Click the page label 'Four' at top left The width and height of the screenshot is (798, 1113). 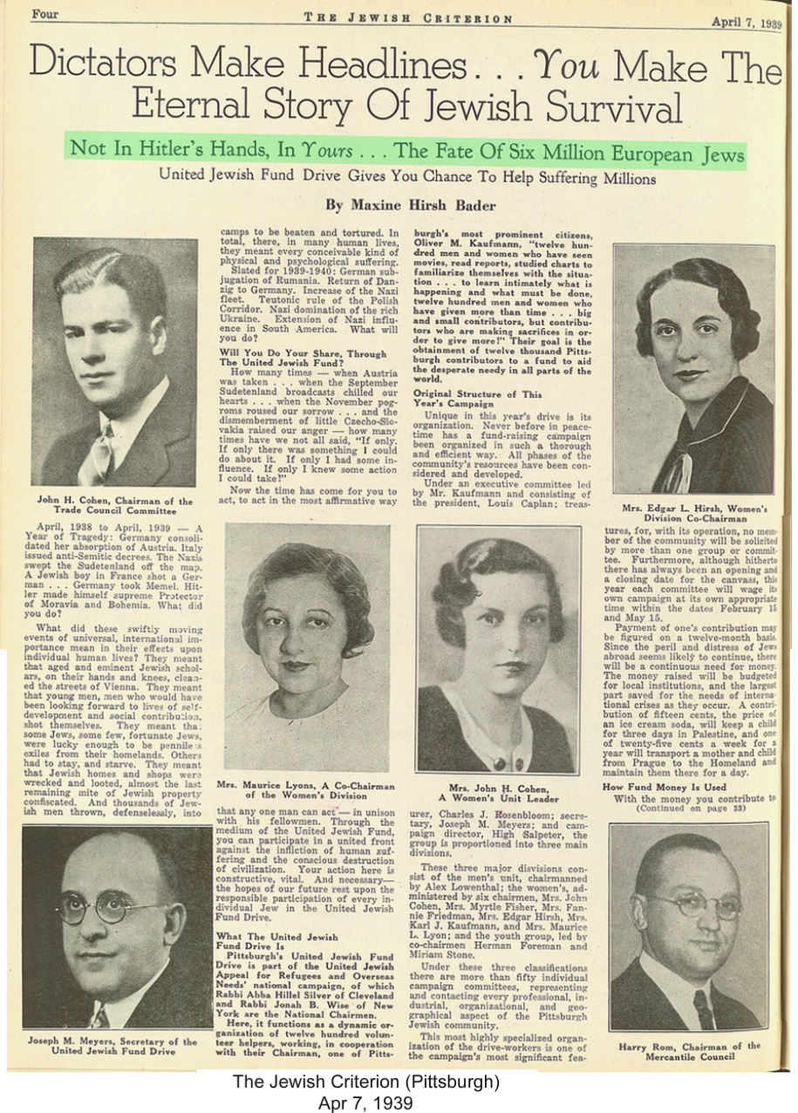(44, 14)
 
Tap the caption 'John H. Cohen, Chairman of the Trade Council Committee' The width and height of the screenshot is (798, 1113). (114, 507)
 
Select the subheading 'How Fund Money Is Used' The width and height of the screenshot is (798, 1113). (665, 786)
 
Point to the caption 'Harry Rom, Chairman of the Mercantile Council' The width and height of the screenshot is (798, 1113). (689, 1051)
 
